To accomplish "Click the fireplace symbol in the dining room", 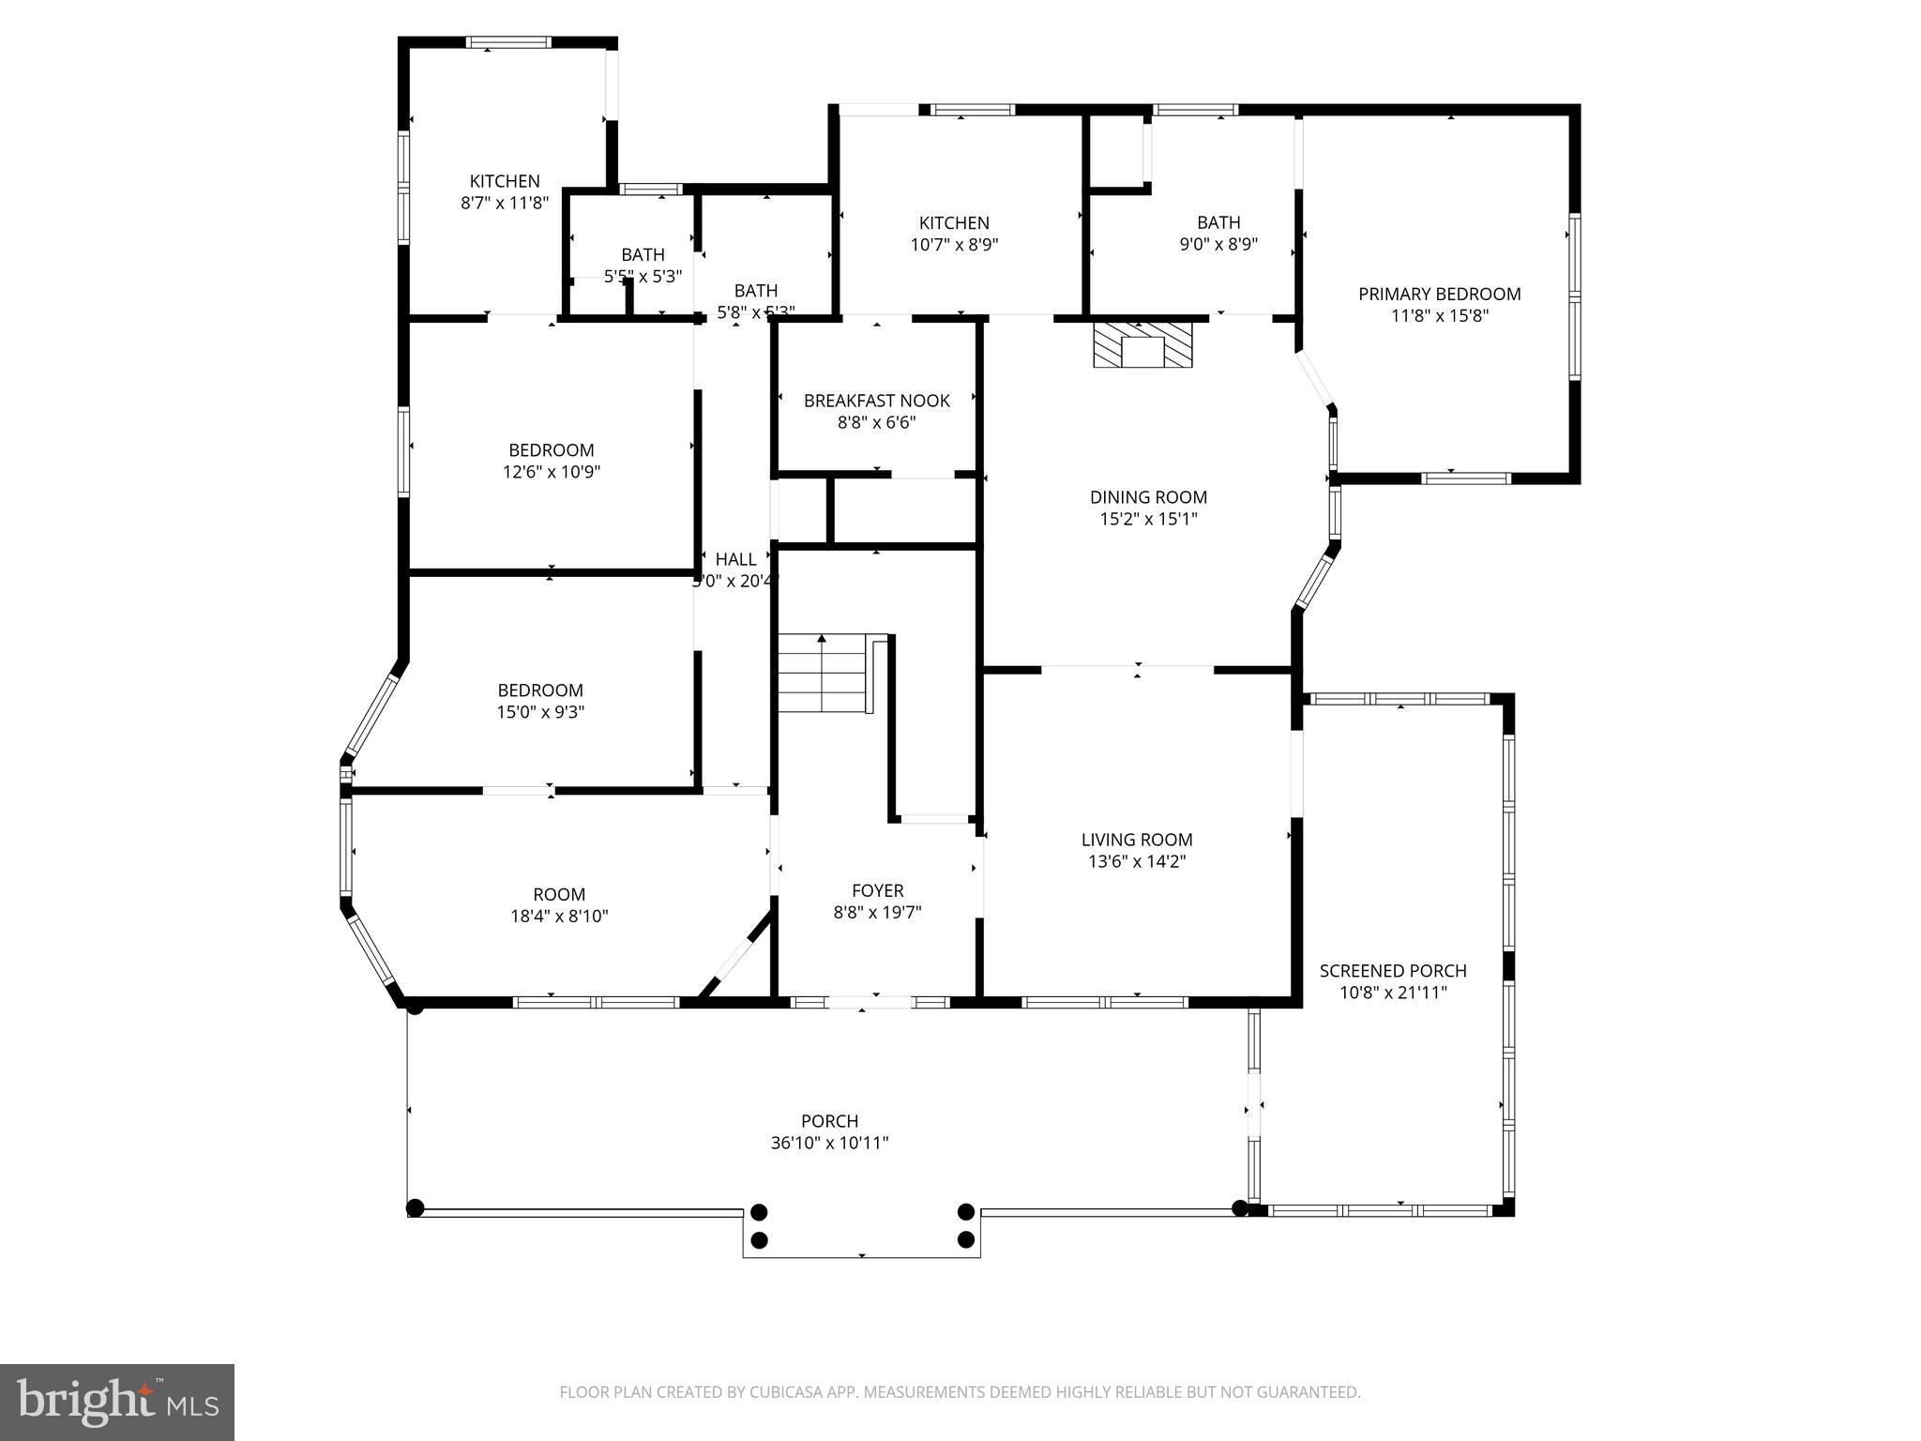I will [1142, 345].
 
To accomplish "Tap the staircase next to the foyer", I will [822, 673].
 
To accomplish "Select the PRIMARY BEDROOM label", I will [1439, 295].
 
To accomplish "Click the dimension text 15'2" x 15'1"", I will [1148, 519].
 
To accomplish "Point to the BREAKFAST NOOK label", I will [876, 401].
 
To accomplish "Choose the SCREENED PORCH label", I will [1392, 971].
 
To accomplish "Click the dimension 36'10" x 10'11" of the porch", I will [829, 1143].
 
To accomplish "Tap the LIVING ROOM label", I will [1137, 840].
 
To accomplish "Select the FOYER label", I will [877, 890].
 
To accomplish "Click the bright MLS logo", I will [116, 1403].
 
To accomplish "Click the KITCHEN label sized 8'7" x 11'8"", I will [505, 181].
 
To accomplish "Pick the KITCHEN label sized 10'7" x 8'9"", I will [954, 222].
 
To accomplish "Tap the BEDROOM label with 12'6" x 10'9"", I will [551, 449].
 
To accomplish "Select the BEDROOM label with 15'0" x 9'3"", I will [540, 690].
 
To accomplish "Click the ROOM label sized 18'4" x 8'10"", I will [559, 894].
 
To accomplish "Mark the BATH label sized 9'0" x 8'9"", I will [1218, 222].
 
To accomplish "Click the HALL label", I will [735, 559].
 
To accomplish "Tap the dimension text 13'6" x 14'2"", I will [1137, 861].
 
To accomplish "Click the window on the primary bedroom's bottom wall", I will [1465, 478].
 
